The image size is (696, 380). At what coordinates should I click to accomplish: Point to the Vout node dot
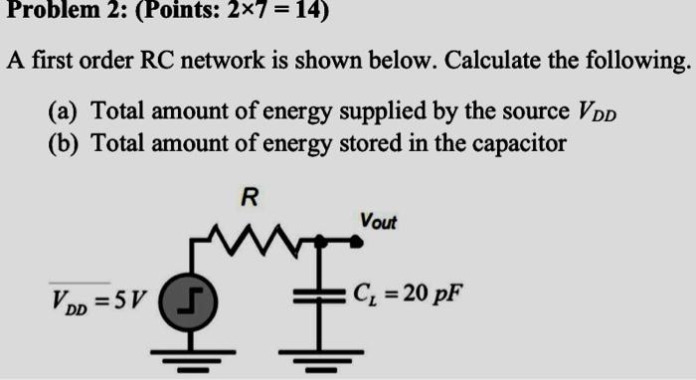(x=357, y=240)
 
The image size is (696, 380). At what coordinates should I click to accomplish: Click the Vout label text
(x=379, y=220)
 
